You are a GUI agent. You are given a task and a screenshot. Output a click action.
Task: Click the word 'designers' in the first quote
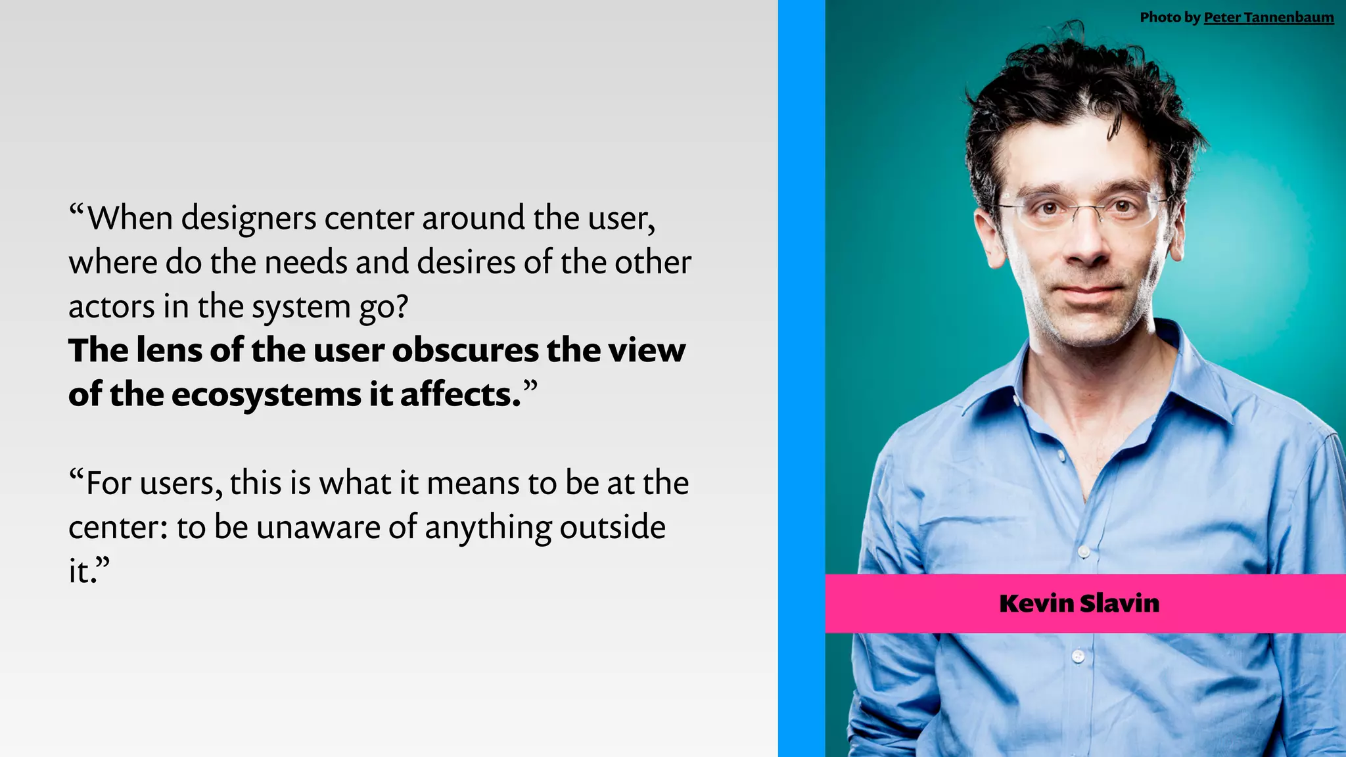[249, 219]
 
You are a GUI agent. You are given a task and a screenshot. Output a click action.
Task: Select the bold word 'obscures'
[465, 350]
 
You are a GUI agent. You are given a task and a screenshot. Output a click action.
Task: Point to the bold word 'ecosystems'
[266, 395]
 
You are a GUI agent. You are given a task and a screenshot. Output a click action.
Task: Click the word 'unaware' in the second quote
[318, 528]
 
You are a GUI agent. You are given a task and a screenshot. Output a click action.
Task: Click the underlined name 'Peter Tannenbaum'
[1268, 18]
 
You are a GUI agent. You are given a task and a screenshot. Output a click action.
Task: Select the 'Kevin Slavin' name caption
[1079, 603]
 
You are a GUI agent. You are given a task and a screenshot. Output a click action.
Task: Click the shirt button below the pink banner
[1078, 656]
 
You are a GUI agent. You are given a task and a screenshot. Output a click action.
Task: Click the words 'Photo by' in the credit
[1170, 18]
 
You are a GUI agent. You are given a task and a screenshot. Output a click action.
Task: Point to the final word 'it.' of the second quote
[83, 572]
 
